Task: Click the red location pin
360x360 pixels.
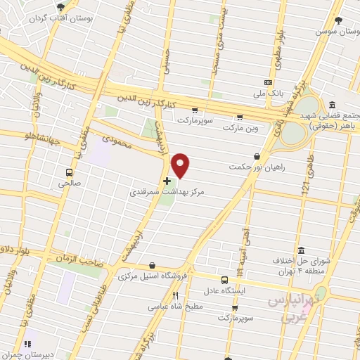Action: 181,165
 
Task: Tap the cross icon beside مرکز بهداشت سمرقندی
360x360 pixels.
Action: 167,181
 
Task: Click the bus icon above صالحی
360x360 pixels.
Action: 69,172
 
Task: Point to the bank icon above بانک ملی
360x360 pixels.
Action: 266,81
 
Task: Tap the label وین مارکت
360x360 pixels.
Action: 240,129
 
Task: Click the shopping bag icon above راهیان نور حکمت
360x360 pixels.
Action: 257,156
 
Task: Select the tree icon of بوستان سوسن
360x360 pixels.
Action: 338,20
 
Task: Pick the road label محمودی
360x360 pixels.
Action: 117,131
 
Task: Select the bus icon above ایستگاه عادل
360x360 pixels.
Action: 224,279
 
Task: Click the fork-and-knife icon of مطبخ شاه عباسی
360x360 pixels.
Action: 176,295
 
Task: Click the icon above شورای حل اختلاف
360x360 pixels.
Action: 301,250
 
